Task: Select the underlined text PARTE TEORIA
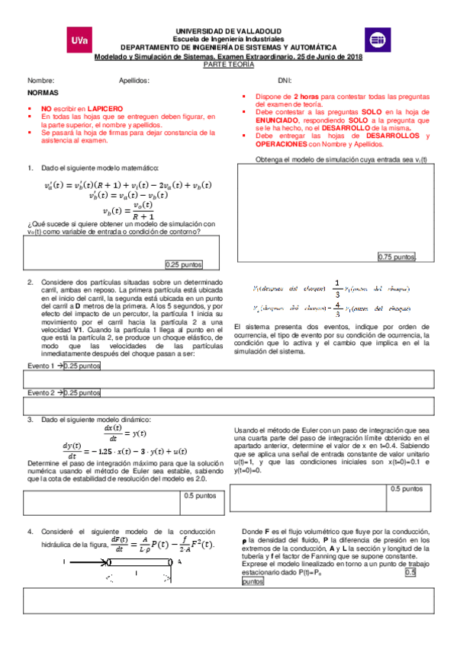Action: [x=229, y=65]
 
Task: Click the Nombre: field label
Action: [x=40, y=80]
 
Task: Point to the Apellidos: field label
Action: [x=134, y=80]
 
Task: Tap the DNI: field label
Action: [x=284, y=80]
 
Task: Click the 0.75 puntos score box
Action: [x=397, y=257]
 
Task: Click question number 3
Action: [x=30, y=420]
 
